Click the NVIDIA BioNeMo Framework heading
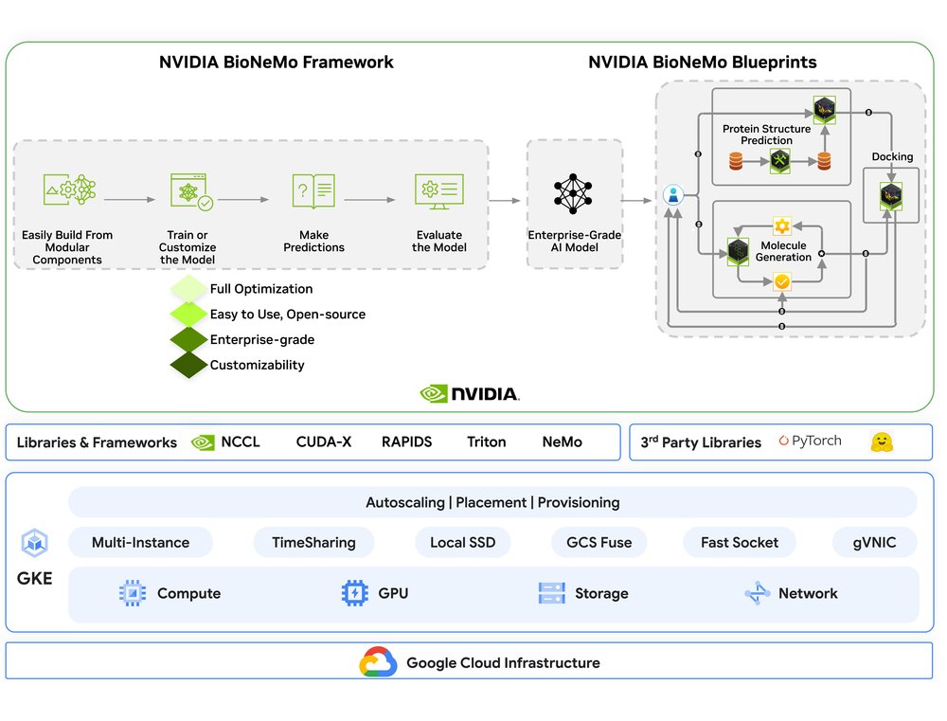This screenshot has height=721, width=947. (276, 63)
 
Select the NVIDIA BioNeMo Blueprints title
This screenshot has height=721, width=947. (702, 63)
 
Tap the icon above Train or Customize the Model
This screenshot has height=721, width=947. (189, 190)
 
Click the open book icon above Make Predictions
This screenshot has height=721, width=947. (313, 190)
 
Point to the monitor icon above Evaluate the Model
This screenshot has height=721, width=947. (438, 190)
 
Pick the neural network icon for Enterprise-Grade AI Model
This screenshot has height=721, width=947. (574, 193)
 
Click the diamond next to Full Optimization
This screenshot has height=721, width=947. (188, 289)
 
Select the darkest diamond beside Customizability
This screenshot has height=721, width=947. (188, 365)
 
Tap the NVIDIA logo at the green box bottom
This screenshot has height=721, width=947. (470, 393)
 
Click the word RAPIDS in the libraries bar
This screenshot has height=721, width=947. (406, 442)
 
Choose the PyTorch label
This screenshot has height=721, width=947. (810, 442)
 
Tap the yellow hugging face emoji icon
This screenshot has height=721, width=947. (883, 442)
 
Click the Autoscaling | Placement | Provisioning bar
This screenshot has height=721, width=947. (492, 502)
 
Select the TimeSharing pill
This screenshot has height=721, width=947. (313, 543)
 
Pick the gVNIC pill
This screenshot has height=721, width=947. (875, 543)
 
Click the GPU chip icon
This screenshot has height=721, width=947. (353, 593)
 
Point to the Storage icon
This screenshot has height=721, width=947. (551, 593)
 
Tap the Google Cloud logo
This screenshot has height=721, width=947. (378, 662)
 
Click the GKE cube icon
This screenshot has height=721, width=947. (35, 544)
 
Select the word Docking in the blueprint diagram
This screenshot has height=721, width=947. (892, 157)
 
